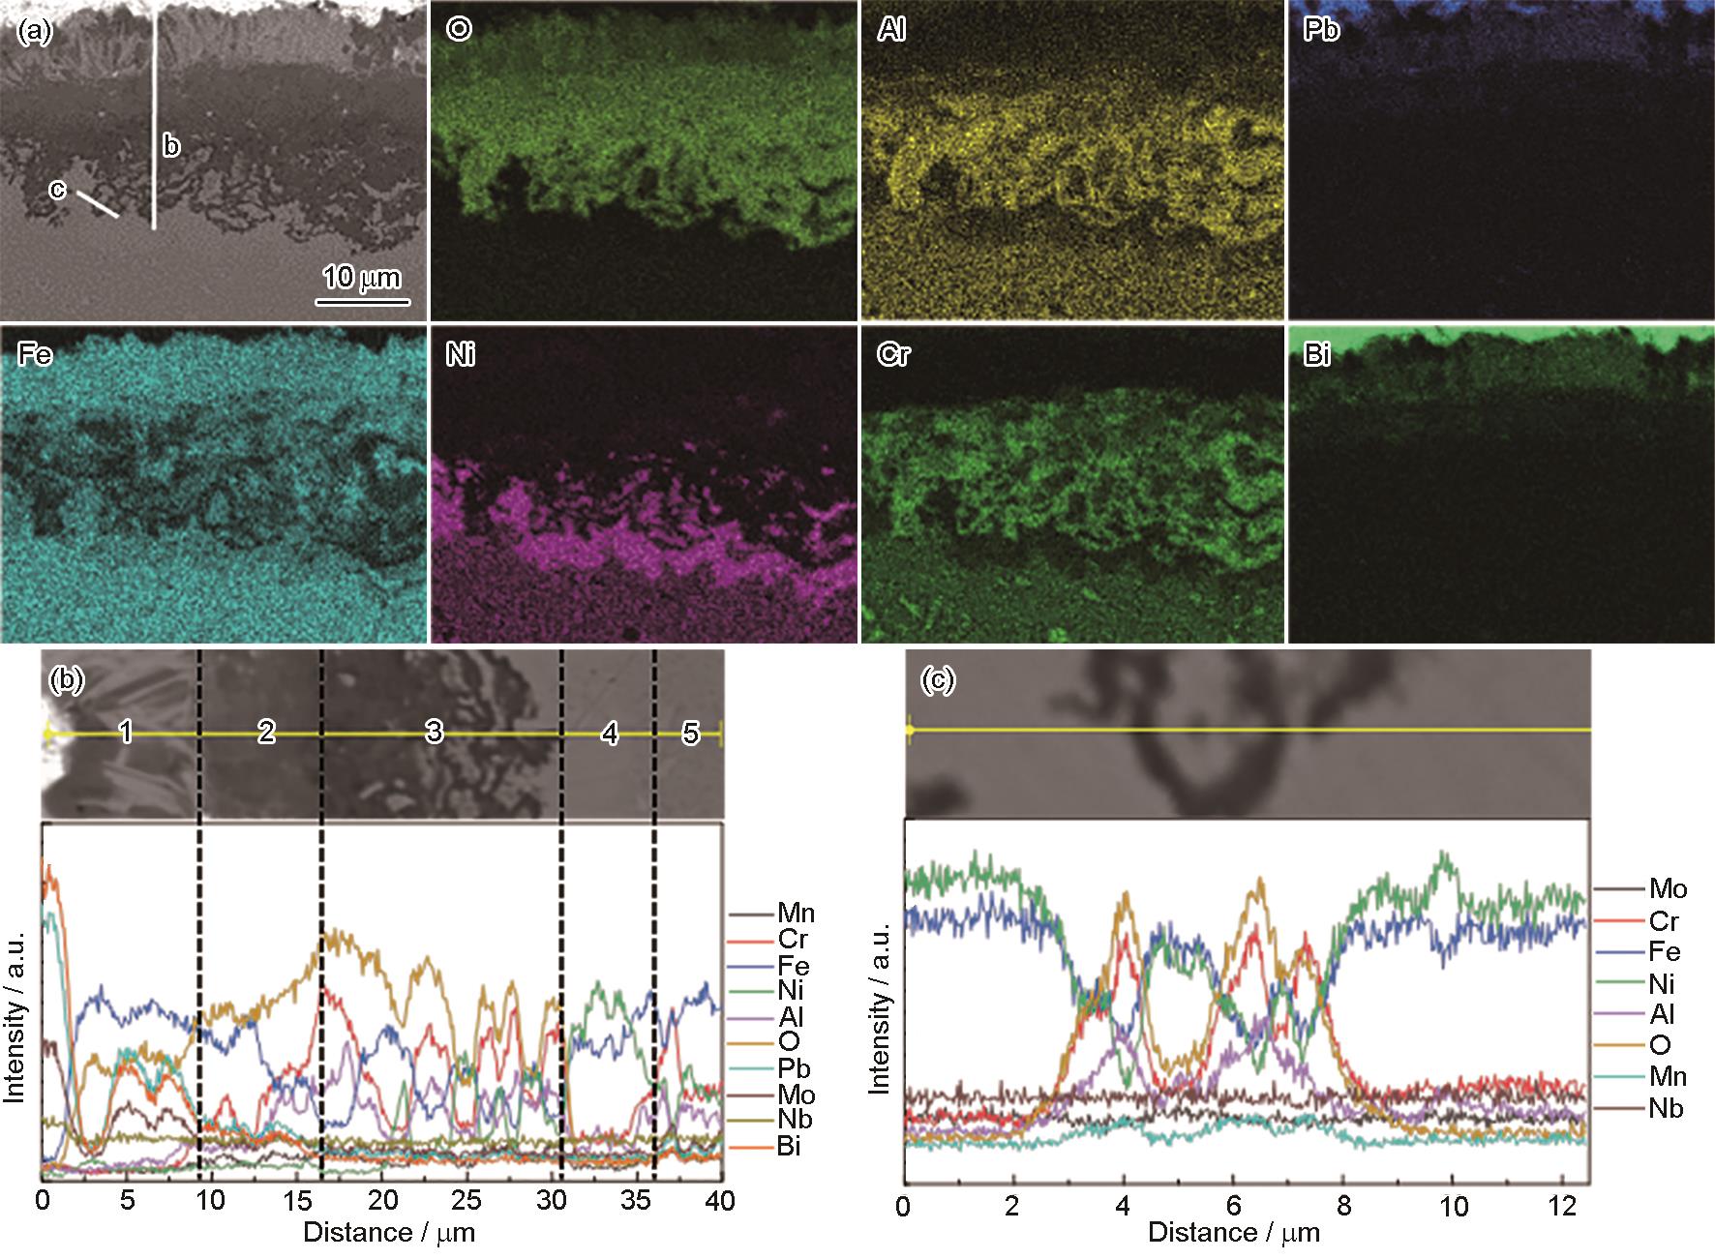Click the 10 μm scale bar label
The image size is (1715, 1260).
coord(361,278)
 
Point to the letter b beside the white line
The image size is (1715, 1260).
coord(171,146)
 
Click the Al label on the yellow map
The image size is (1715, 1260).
coord(892,31)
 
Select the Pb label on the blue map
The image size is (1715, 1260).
coord(1321,31)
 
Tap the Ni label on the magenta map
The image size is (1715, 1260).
coord(461,356)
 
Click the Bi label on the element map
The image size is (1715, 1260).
coord(1317,356)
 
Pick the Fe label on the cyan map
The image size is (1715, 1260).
coord(35,356)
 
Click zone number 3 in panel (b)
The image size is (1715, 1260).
coord(434,732)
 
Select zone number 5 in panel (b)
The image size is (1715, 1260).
coord(690,734)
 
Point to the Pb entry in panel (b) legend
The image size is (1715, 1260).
coord(793,1068)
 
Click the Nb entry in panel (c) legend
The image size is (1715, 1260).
coord(1666,1108)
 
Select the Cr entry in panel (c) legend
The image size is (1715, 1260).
coord(1664,921)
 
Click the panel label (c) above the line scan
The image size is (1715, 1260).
coord(938,681)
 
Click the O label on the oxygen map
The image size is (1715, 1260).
coord(459,30)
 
